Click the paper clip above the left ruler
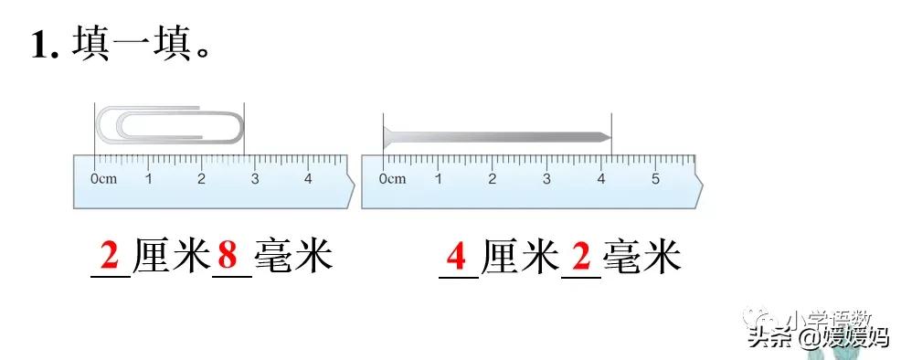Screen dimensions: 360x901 (x=170, y=124)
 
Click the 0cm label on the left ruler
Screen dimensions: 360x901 (x=104, y=179)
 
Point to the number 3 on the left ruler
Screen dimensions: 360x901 (x=255, y=179)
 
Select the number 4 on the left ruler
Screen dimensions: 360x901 (x=308, y=179)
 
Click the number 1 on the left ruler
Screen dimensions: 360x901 (x=149, y=179)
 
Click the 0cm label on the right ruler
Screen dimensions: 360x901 (x=392, y=179)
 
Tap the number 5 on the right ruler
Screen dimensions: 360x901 (x=655, y=179)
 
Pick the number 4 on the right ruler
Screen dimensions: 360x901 (x=600, y=179)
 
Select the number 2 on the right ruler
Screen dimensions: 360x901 (x=492, y=179)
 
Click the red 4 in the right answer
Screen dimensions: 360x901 (x=458, y=257)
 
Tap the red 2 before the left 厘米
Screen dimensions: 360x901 (x=111, y=257)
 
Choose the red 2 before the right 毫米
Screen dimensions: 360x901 (x=580, y=257)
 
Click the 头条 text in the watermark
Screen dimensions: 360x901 (x=768, y=338)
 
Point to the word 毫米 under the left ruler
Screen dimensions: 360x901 (x=292, y=257)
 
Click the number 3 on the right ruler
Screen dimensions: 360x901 (x=546, y=179)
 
